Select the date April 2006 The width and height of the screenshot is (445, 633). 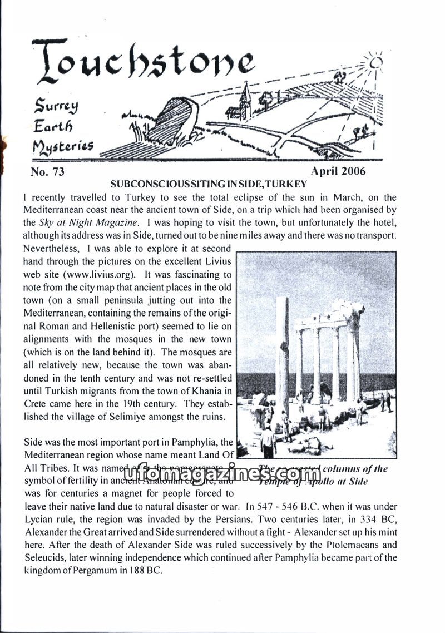(338, 171)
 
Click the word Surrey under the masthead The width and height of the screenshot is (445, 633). (56, 104)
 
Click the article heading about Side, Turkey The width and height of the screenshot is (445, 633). (209, 184)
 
